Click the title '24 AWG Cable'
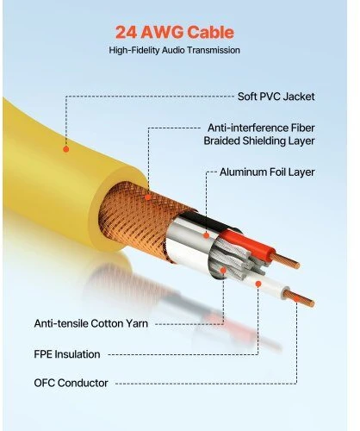pos(175,32)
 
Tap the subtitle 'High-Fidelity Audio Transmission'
pos(174,50)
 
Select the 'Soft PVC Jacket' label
pos(276,97)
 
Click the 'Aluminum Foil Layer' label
pos(267,172)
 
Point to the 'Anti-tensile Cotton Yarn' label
pos(91,323)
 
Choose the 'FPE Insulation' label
pos(67,354)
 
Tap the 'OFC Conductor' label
pos(71,383)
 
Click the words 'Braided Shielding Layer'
pos(259,141)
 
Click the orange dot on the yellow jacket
pos(66,149)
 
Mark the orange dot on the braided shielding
pos(147,197)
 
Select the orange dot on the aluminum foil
pos(207,235)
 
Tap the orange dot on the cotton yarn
pos(223,270)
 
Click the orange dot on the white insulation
pos(258,284)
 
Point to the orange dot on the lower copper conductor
pos(296,298)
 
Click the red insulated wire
pos(247,244)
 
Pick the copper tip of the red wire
pos(286,260)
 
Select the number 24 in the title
pos(127,32)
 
